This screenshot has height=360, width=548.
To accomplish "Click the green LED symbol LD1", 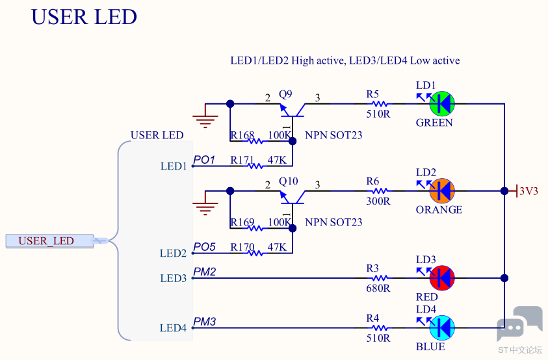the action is tap(442, 104).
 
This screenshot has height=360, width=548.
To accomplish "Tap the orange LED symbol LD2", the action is tap(442, 191).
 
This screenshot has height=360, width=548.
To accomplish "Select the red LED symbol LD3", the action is tap(442, 278).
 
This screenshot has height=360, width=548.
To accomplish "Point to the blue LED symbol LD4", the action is tap(442, 328).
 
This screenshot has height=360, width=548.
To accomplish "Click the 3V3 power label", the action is tap(528, 191).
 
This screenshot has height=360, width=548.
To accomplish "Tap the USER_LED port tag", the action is tap(49, 241).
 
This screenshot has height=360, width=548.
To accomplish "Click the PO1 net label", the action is tap(204, 160).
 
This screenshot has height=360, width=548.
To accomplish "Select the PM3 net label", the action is tap(205, 321).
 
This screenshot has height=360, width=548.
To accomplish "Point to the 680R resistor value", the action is tap(378, 289).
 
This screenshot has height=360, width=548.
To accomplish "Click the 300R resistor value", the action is tap(378, 201).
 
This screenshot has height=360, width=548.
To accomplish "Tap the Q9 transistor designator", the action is tap(285, 94).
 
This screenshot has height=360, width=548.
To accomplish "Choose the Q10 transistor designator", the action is tap(289, 181).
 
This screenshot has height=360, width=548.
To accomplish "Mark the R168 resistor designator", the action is tap(242, 135).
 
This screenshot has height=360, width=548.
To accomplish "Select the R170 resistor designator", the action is tap(242, 247).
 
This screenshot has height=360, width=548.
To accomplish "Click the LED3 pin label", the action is tap(174, 278).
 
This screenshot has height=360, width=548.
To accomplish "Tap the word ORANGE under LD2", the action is tap(439, 210).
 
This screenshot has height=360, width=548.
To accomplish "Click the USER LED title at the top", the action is tap(85, 17).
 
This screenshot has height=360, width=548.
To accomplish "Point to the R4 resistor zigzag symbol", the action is tap(380, 328).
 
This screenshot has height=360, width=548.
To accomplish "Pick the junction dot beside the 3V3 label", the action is tap(504, 191).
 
